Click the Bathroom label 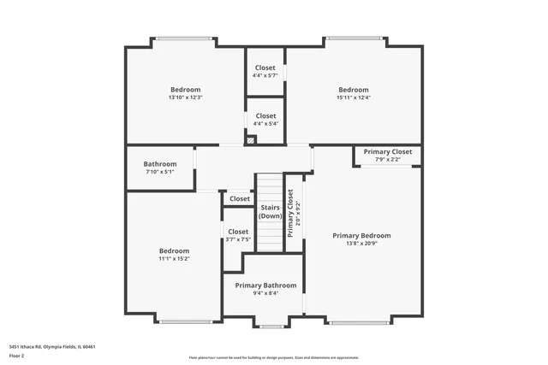coord(160,164)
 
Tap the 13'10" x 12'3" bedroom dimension coord(185,97)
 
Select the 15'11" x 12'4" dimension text coord(353,97)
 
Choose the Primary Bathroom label coord(265,285)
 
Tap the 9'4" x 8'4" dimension coord(265,293)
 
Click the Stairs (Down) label coord(270,211)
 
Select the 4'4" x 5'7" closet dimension coord(265,75)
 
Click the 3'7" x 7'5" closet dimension coord(238,239)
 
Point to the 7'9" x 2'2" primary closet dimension coord(387,159)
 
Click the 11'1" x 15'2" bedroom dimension coord(174,258)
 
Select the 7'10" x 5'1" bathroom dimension coord(160,172)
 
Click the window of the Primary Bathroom coord(274,325)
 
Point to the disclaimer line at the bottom coord(274,356)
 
